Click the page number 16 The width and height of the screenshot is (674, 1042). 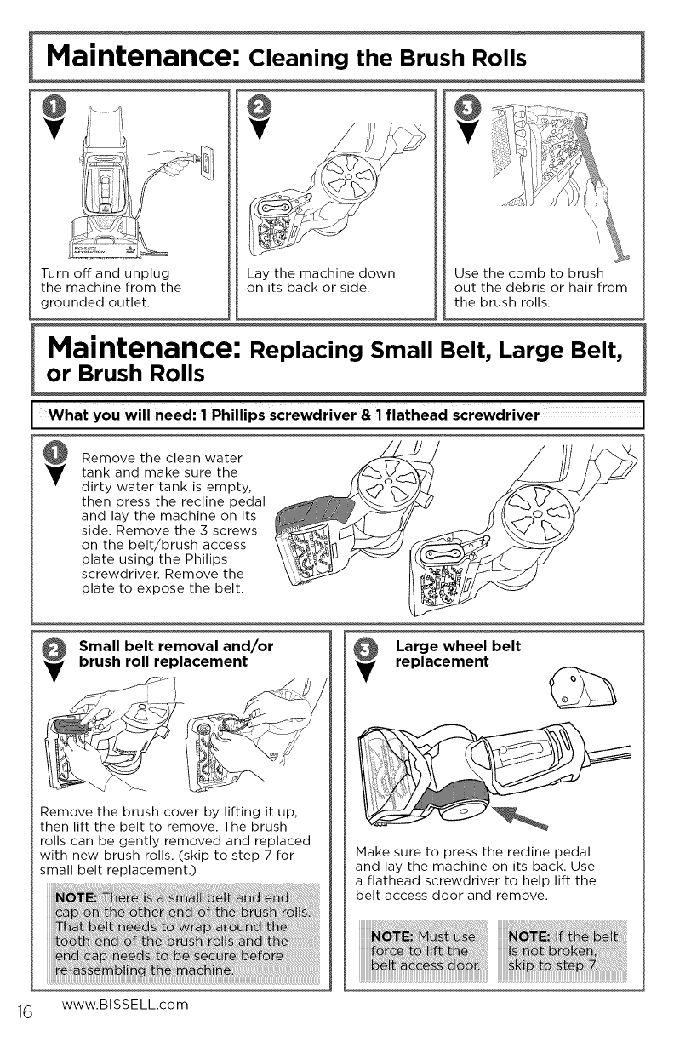26,1011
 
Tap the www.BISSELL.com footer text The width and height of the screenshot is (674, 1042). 124,1004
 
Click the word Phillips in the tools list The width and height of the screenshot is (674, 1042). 239,415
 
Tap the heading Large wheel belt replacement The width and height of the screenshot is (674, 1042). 458,654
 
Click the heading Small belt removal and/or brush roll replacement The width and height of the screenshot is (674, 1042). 176,654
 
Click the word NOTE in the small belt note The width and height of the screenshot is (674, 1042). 76,897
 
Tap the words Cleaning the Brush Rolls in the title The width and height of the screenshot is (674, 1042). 387,59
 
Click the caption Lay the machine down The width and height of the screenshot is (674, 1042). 321,280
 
